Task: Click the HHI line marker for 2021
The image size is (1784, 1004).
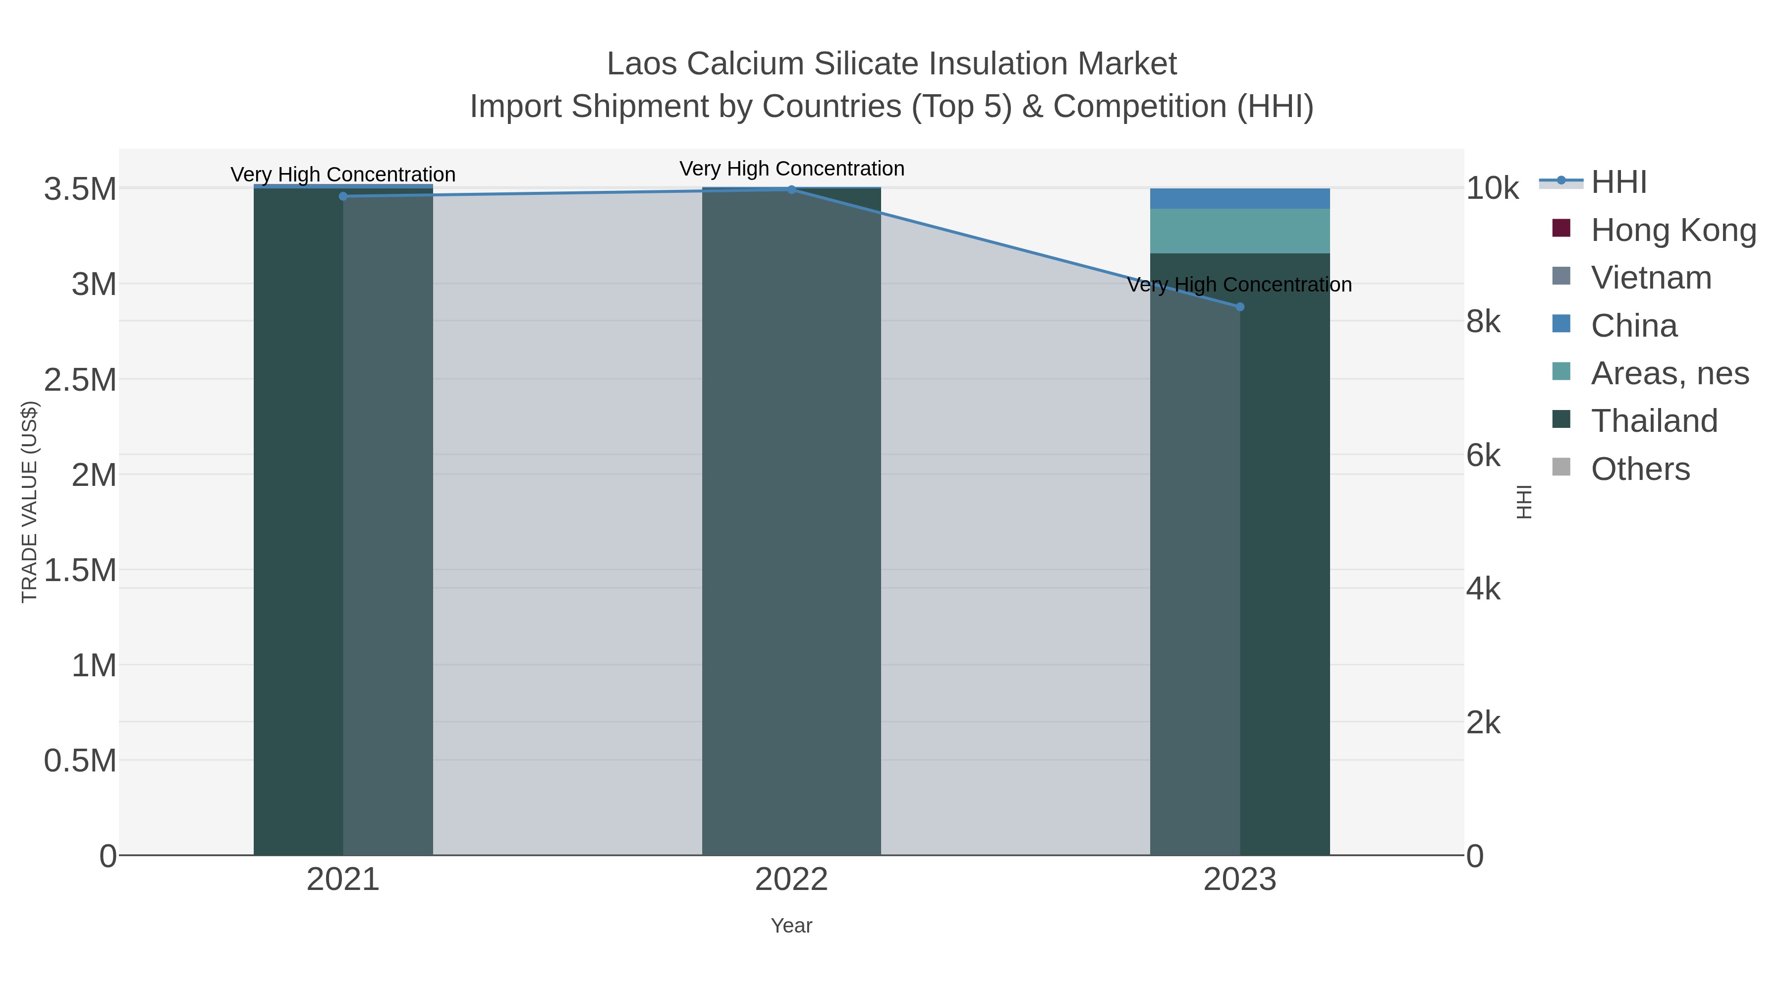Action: point(343,196)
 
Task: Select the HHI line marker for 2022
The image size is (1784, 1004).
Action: point(791,189)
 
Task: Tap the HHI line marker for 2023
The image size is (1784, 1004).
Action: point(1240,307)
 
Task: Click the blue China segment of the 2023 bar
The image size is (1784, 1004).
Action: point(1240,199)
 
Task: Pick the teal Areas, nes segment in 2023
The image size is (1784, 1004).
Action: point(1240,231)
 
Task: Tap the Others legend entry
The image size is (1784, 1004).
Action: point(1639,469)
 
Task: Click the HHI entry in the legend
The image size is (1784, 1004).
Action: point(1618,182)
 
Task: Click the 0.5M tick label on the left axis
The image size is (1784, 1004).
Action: point(80,761)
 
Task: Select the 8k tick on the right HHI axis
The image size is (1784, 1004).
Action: point(1483,322)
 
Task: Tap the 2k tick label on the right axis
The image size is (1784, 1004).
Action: point(1483,723)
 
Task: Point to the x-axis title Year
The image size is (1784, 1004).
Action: point(791,926)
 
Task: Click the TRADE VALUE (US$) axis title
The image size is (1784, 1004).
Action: point(29,502)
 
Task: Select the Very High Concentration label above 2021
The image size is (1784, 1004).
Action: point(343,174)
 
